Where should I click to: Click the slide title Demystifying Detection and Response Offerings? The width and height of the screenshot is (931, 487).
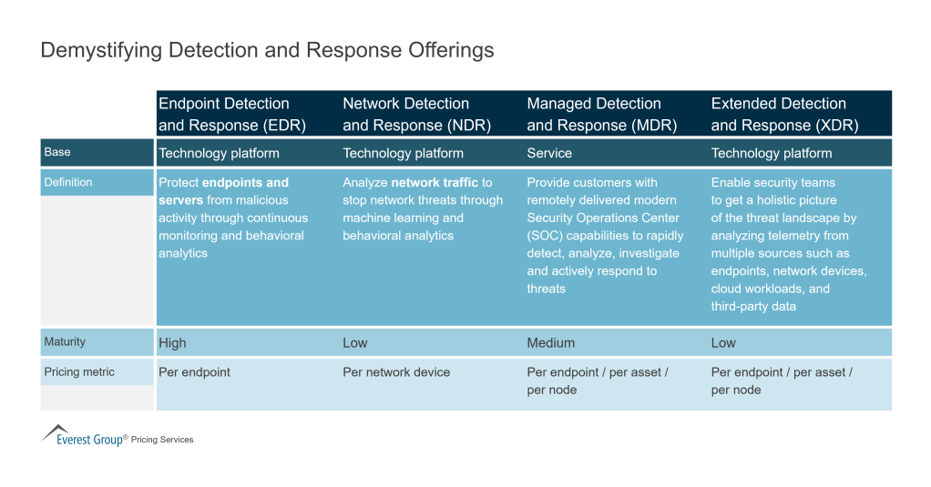click(x=267, y=50)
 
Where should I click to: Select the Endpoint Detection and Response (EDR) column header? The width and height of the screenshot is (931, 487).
click(x=231, y=115)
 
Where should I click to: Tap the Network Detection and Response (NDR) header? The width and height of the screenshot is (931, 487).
click(x=416, y=115)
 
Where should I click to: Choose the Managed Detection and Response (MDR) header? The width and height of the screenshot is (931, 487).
click(x=601, y=115)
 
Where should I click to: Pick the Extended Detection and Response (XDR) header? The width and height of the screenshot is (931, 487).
click(x=784, y=115)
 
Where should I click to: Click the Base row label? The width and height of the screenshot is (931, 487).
click(x=57, y=152)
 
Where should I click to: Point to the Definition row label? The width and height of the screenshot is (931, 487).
click(x=68, y=182)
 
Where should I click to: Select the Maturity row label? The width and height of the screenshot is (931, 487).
click(x=65, y=341)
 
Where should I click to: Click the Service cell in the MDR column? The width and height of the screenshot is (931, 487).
click(x=549, y=153)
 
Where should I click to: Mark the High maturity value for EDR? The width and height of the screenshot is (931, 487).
click(x=172, y=343)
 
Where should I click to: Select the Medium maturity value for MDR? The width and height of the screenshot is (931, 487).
click(x=550, y=343)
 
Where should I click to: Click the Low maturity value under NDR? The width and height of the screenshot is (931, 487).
click(x=355, y=343)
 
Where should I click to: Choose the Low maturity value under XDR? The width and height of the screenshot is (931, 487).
click(x=723, y=343)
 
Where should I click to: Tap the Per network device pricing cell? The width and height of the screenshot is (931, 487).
click(x=396, y=372)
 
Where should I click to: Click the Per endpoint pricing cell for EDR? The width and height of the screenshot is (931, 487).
click(x=194, y=372)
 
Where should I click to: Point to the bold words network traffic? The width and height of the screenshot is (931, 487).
click(x=435, y=183)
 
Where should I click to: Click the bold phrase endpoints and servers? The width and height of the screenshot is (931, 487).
click(x=224, y=191)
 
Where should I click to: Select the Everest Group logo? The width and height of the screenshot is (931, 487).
click(x=85, y=437)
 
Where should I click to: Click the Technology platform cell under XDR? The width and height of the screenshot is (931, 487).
click(x=771, y=153)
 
